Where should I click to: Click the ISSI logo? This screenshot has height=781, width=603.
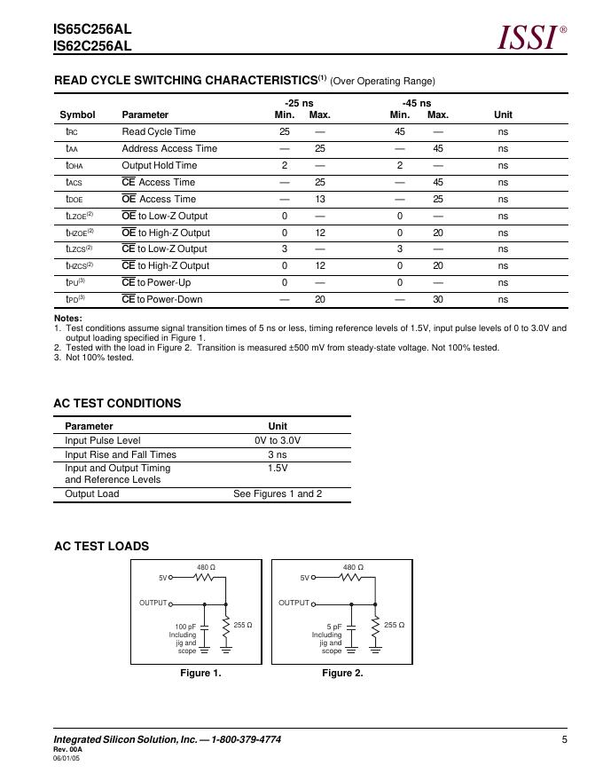pos(529,37)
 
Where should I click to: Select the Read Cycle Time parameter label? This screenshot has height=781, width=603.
pos(159,131)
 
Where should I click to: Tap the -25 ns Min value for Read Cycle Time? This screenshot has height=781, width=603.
pos(285,131)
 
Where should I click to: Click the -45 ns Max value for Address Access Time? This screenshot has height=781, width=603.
pos(438,148)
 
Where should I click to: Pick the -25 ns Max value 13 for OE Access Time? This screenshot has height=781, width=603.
pos(320,199)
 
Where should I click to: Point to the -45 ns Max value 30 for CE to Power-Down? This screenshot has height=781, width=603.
pos(438,299)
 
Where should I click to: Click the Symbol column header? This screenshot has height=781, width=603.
pos(77,114)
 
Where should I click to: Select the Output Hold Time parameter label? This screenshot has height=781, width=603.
pos(160,165)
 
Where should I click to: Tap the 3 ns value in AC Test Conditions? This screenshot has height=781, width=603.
pos(278,454)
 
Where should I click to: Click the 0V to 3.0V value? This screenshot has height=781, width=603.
pos(278,440)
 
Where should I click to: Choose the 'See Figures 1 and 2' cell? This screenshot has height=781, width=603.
pos(278,493)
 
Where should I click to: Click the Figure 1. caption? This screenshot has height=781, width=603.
pos(200,673)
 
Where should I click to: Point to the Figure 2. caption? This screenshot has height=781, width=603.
pos(342,673)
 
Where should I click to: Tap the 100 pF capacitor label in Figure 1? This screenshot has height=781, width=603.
pos(185,627)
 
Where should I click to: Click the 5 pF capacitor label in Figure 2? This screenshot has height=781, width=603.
pos(333,627)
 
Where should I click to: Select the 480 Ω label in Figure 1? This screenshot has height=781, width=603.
pos(206,566)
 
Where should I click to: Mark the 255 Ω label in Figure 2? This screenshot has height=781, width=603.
pos(395,625)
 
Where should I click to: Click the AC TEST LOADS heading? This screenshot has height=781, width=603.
pos(101,546)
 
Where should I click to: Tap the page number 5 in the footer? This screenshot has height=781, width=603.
pos(564,739)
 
